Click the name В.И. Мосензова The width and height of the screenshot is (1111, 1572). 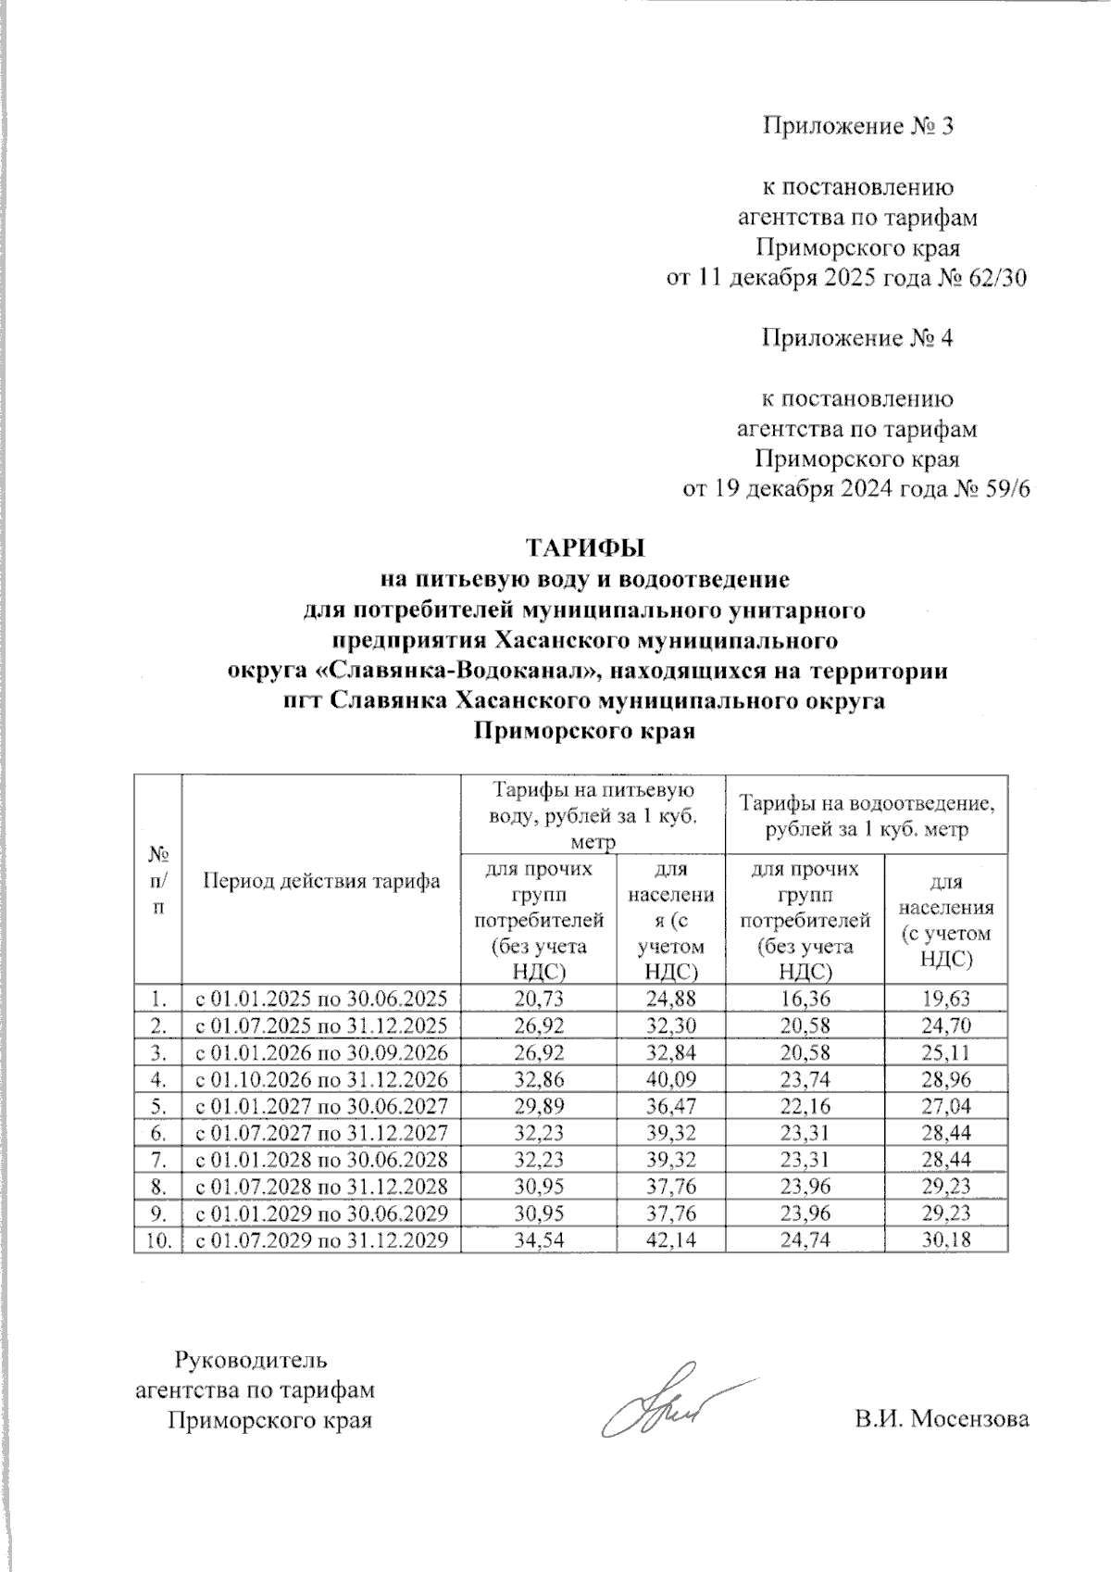coord(942,1418)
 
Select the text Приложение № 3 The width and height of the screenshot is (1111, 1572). coord(856,126)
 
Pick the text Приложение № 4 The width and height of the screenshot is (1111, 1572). coord(856,338)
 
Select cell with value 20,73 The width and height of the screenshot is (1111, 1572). coord(538,999)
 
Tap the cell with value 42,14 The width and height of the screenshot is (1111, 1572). coord(671,1240)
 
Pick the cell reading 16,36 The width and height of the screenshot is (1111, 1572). coord(805,999)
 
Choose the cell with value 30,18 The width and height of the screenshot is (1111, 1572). coord(945,1240)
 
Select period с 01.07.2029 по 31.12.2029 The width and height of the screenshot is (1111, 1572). coord(320,1240)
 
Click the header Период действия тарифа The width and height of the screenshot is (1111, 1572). coord(321,880)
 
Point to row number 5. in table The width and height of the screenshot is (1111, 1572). coord(159,1106)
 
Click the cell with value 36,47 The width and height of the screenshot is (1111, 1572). coord(671,1106)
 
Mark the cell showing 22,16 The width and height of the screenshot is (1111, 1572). coord(805,1106)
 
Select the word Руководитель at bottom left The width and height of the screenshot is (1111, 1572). coord(251,1360)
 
